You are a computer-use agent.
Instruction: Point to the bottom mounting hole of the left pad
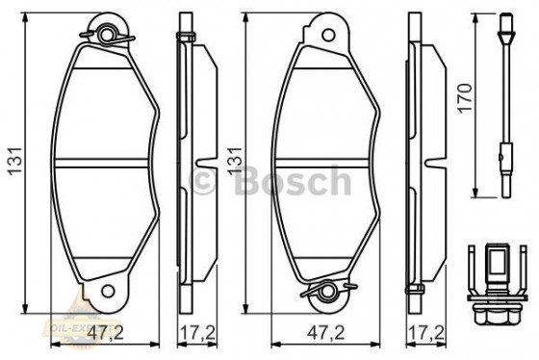click(108, 287)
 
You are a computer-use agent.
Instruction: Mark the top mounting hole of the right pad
click(329, 36)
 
